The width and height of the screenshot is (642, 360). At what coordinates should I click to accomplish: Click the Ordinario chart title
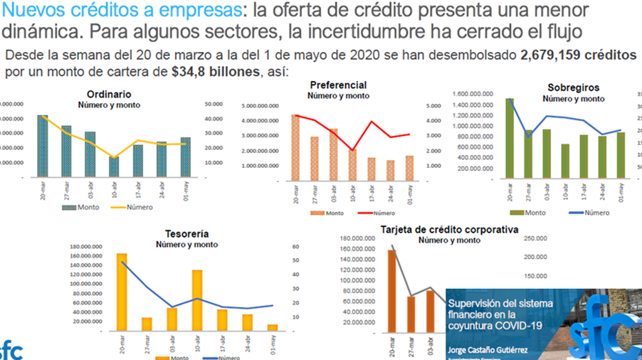(108, 94)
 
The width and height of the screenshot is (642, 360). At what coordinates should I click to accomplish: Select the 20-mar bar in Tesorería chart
(122, 292)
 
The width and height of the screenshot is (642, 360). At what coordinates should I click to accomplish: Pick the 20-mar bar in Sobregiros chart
(510, 139)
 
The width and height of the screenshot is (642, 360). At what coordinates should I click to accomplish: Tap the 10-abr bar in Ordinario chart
(114, 167)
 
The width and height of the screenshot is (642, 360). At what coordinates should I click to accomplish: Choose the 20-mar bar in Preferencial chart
(296, 148)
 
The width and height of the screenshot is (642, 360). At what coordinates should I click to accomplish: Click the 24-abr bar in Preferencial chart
(391, 171)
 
